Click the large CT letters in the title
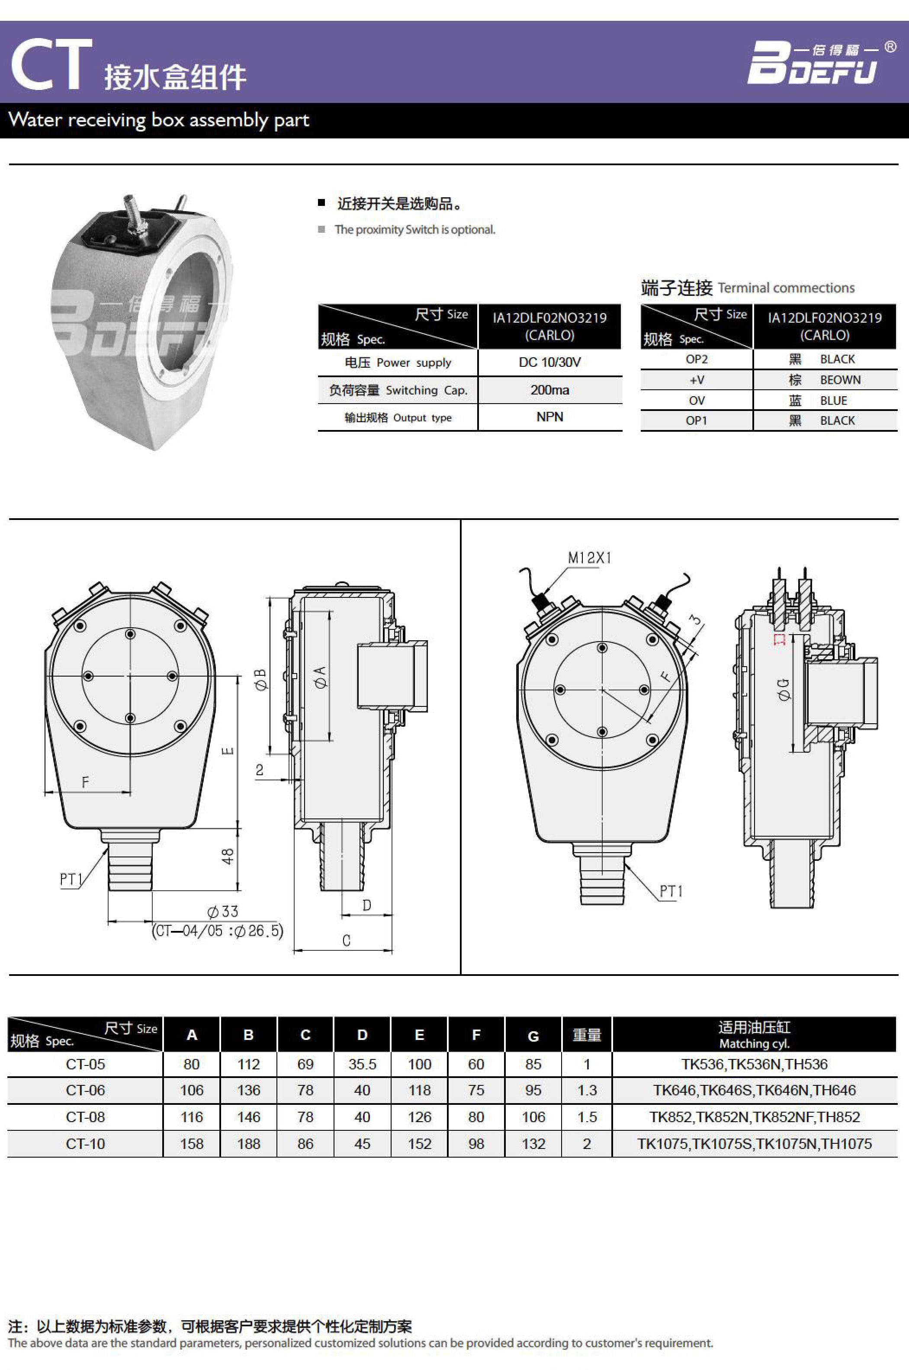[x=51, y=64]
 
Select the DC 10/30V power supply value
[x=549, y=362]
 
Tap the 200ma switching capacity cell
[x=549, y=390]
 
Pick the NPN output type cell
[x=549, y=417]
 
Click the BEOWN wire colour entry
[x=840, y=379]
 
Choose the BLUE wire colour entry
[x=834, y=401]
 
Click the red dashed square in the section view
[x=780, y=639]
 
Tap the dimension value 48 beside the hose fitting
[x=228, y=857]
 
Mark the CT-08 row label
[x=85, y=1117]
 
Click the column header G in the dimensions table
[x=533, y=1036]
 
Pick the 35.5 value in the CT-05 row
[x=362, y=1064]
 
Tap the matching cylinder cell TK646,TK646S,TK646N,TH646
[x=754, y=1090]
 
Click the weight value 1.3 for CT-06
[x=587, y=1090]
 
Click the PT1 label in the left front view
[x=71, y=879]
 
